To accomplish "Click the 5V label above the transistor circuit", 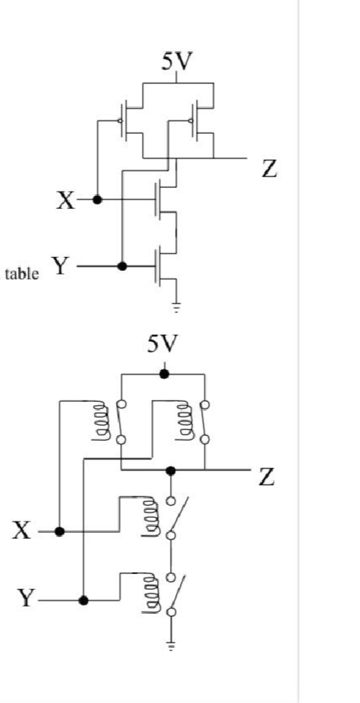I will click(x=177, y=63).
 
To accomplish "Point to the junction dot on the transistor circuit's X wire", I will click(x=97, y=200).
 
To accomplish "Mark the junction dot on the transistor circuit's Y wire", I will click(x=122, y=267).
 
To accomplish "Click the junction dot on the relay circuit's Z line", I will click(x=171, y=471).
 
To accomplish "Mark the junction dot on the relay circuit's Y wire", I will click(x=84, y=600).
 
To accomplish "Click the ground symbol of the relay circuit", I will click(x=171, y=646).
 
